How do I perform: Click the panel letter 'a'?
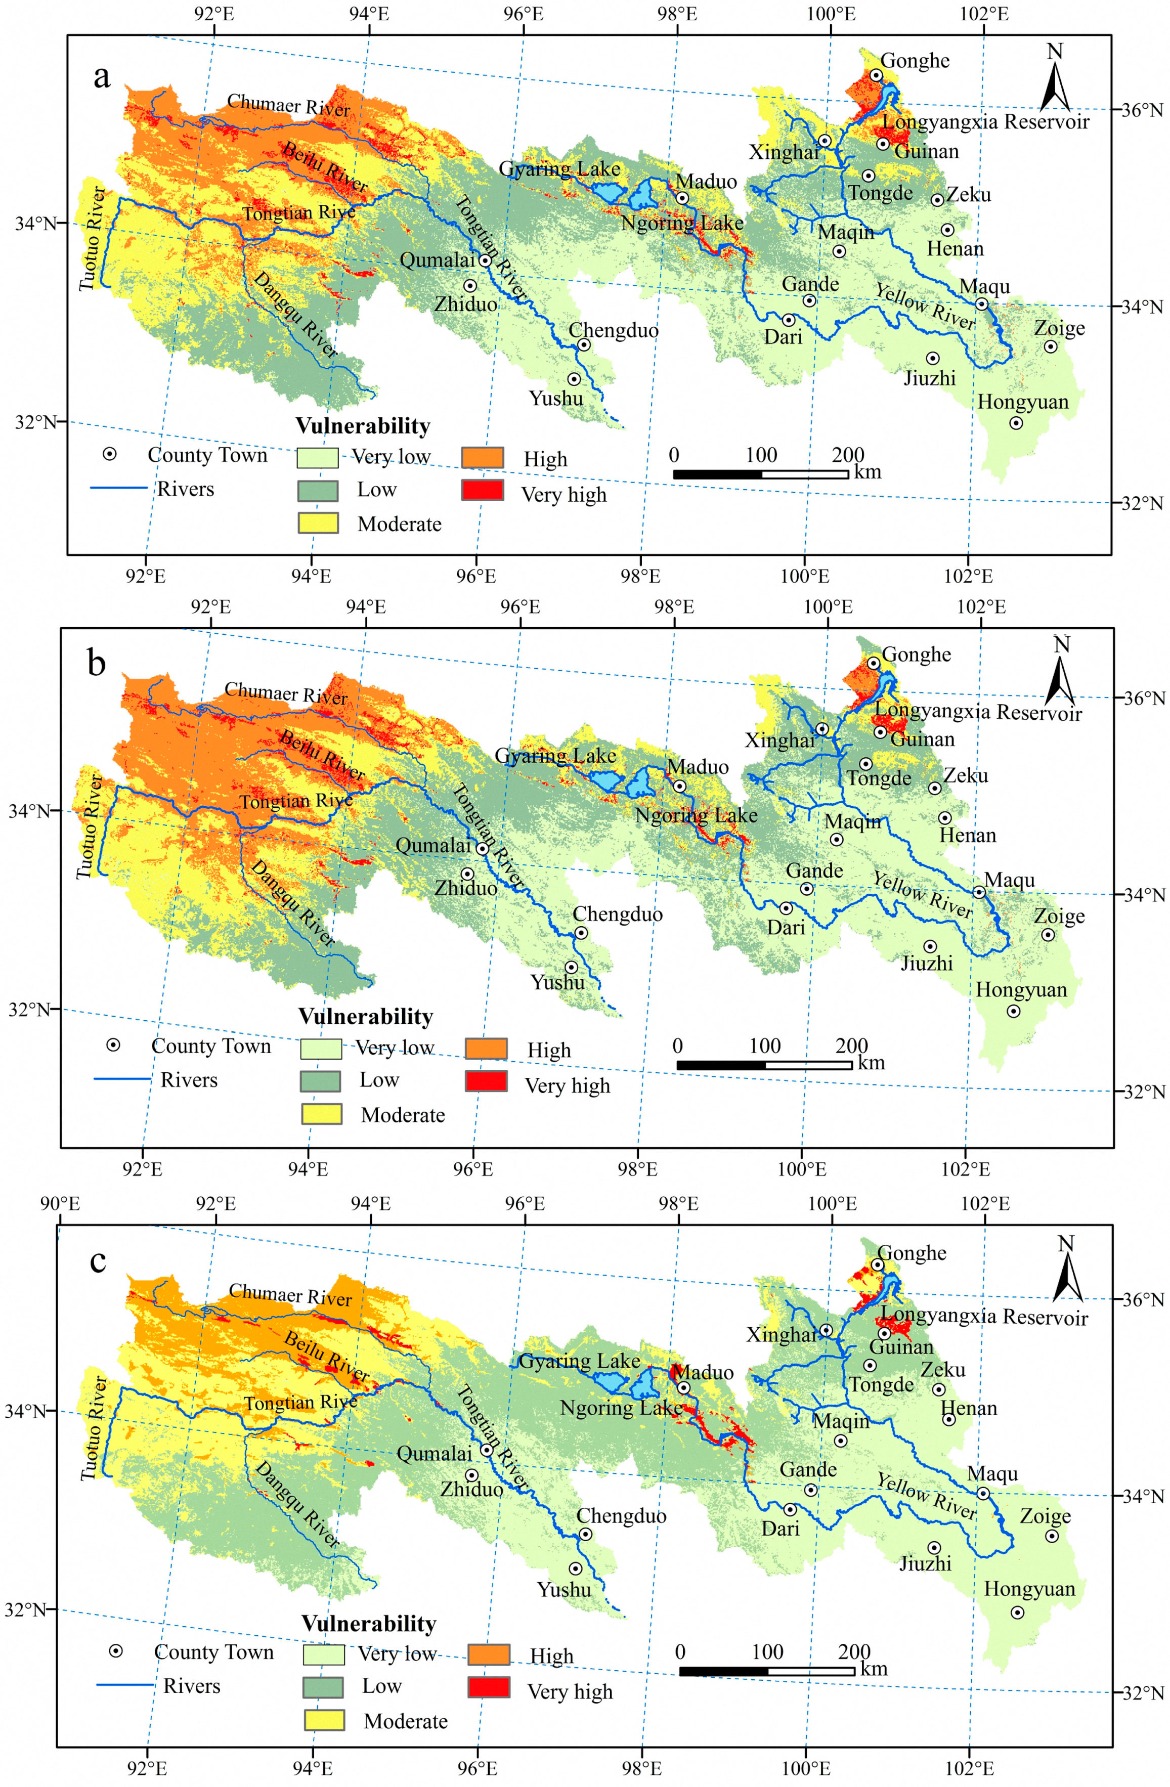[x=101, y=76]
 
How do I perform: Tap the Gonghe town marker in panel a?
[x=876, y=75]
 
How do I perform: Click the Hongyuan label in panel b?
[x=1021, y=990]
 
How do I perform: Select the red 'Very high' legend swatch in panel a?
[x=482, y=490]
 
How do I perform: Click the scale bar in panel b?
[x=764, y=1065]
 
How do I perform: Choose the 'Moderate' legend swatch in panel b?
[x=321, y=1113]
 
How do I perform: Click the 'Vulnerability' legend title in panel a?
[x=363, y=426]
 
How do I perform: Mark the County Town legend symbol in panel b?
[x=113, y=1045]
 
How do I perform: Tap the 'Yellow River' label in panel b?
[x=922, y=895]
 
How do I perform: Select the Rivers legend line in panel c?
[x=124, y=1685]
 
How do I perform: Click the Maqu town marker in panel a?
[x=981, y=304]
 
